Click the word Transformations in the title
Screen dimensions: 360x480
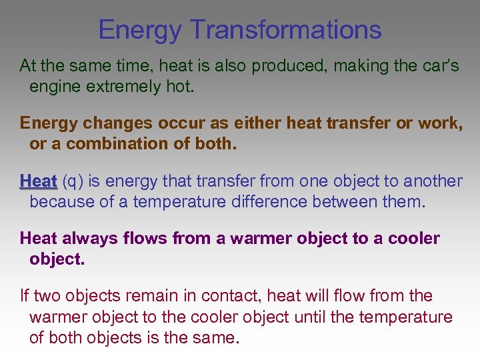pos(286,30)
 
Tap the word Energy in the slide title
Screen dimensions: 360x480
pos(139,30)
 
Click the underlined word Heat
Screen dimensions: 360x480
pos(38,181)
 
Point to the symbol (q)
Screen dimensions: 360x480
pos(73,181)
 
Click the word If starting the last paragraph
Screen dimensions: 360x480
pos(25,295)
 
